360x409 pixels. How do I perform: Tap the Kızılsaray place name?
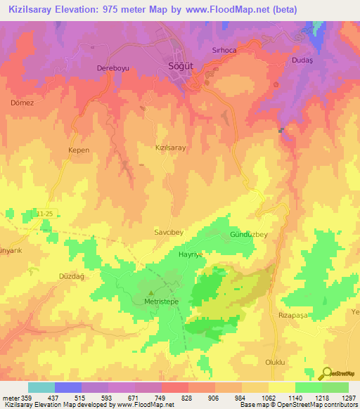click(x=170, y=148)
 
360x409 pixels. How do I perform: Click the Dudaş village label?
click(x=301, y=61)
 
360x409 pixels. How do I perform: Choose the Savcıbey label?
click(x=168, y=230)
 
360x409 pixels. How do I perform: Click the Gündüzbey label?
click(x=250, y=235)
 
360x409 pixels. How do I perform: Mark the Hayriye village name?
click(x=191, y=254)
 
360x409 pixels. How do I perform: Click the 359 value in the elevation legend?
click(x=21, y=398)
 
